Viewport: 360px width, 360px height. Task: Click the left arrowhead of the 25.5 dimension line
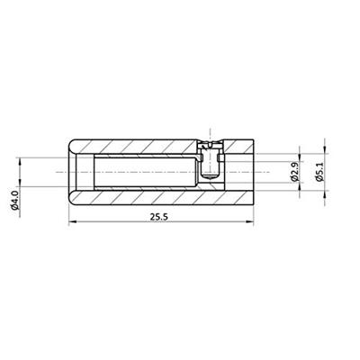[72, 222]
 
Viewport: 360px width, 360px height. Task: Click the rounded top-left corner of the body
[72, 141]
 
